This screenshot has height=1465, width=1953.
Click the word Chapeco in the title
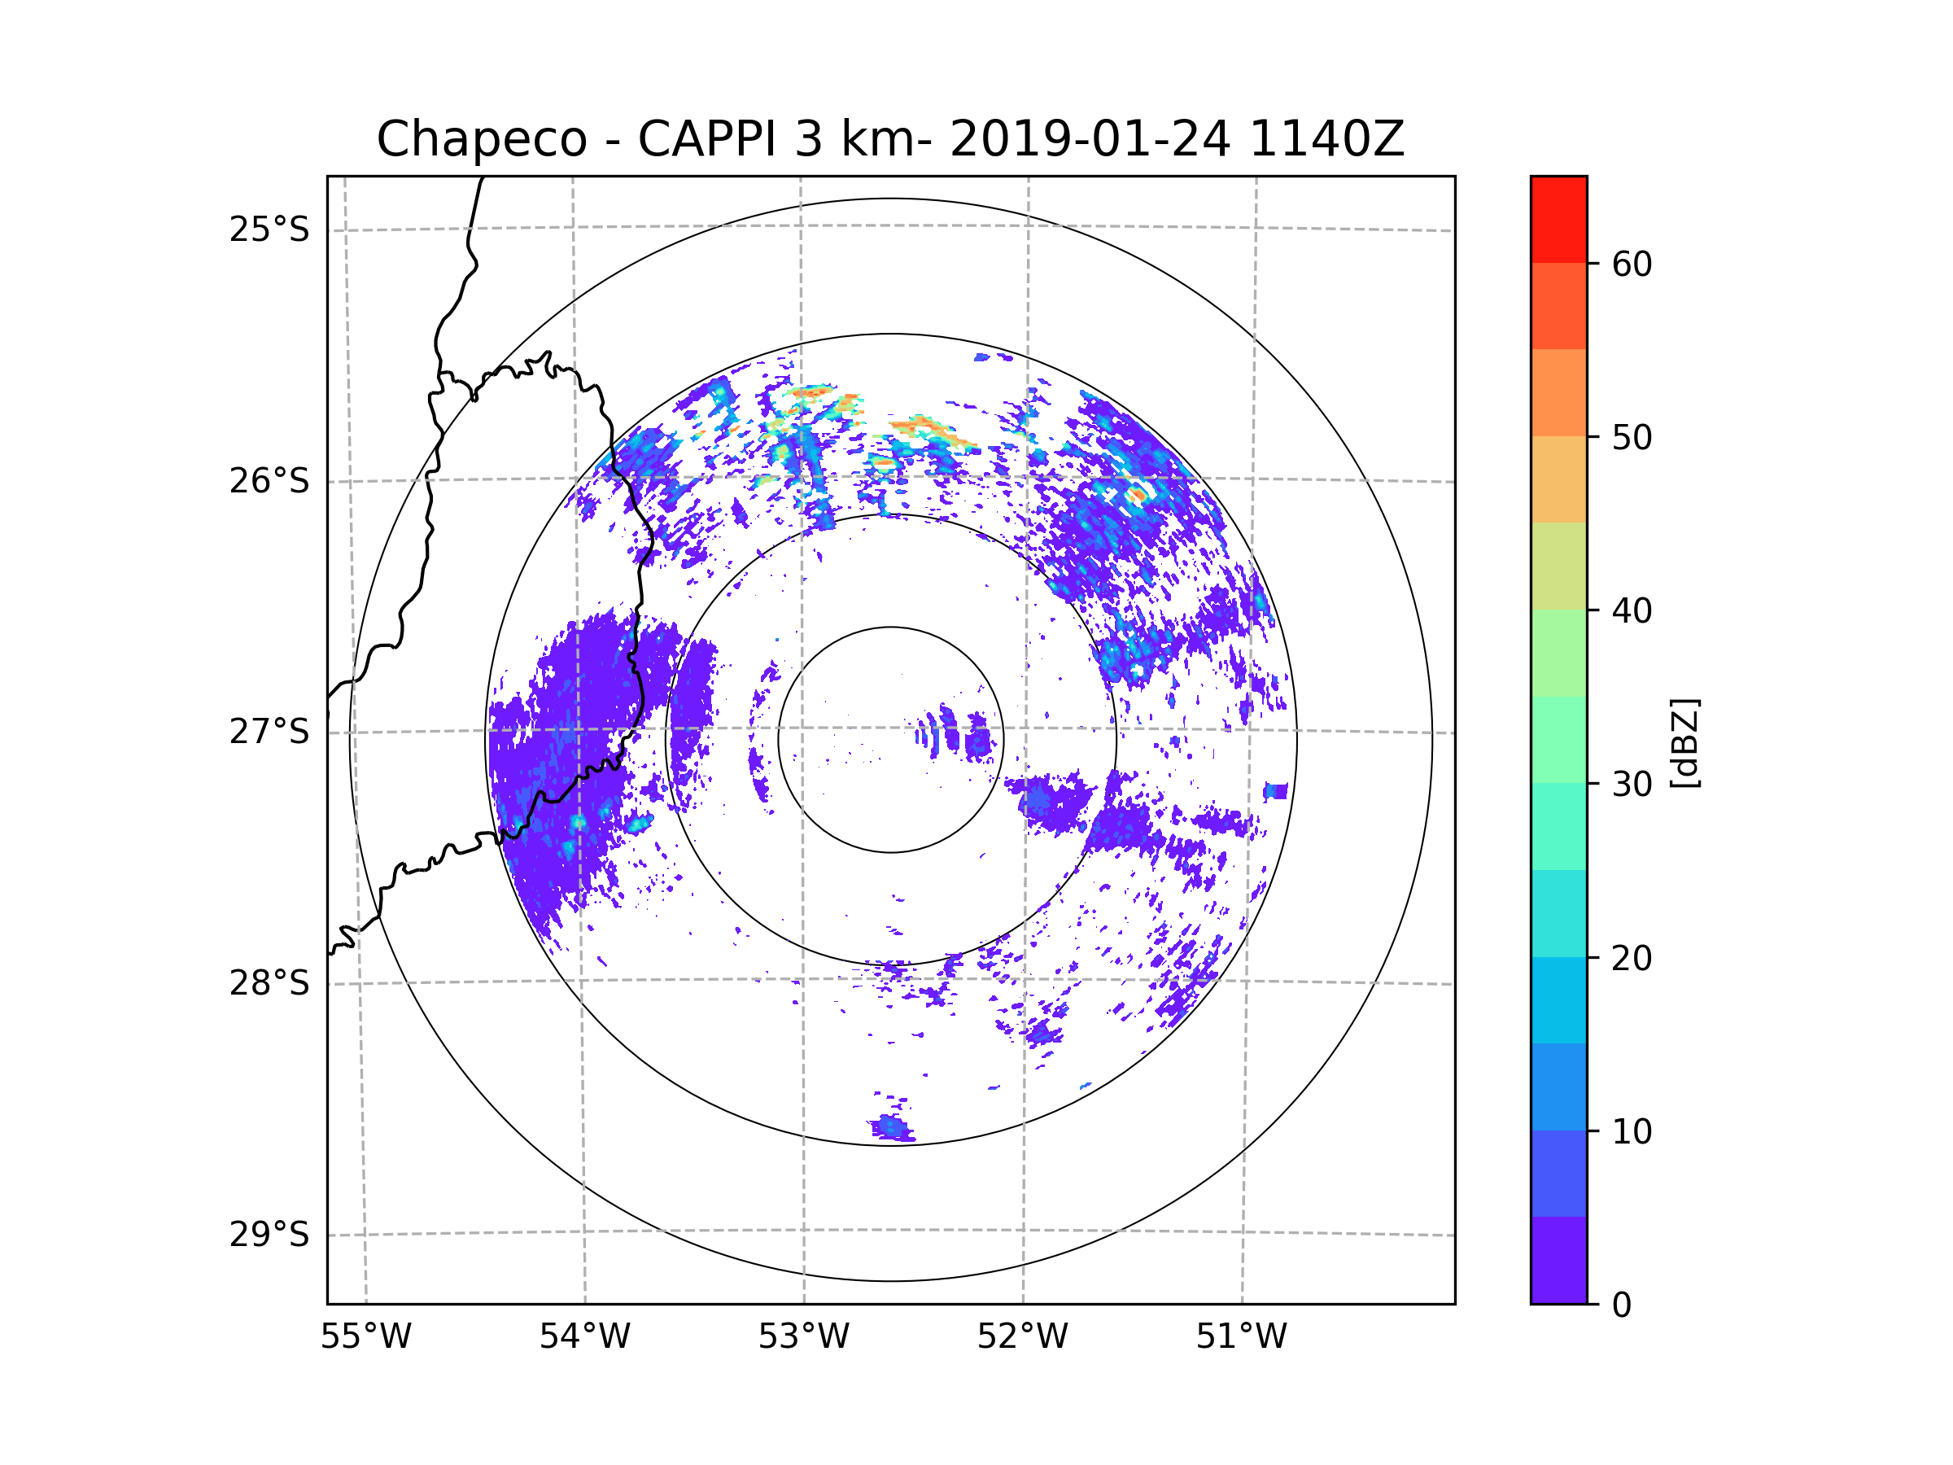coord(481,139)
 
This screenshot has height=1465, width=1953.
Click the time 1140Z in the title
coord(1326,139)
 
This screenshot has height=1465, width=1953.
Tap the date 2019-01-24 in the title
coord(1090,139)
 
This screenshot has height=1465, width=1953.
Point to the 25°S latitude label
coord(269,230)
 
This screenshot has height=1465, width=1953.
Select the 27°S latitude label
coord(269,732)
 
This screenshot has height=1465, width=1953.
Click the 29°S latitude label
coord(269,1235)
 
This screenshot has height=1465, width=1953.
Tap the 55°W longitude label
coord(365,1337)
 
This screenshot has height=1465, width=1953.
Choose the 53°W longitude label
coord(803,1337)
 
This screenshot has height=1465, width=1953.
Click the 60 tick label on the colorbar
coord(1632,264)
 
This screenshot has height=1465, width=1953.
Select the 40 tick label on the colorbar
coord(1632,611)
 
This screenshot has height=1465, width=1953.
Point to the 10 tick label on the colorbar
coord(1632,1131)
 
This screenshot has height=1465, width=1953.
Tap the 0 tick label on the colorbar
coord(1622,1305)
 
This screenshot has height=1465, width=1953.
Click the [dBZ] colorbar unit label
coord(1684,744)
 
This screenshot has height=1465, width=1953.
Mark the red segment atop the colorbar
coord(1558,219)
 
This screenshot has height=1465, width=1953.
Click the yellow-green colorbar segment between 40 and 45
coord(1558,566)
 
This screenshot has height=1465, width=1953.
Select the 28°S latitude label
coord(269,983)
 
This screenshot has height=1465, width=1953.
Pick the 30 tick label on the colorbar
coord(1632,784)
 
